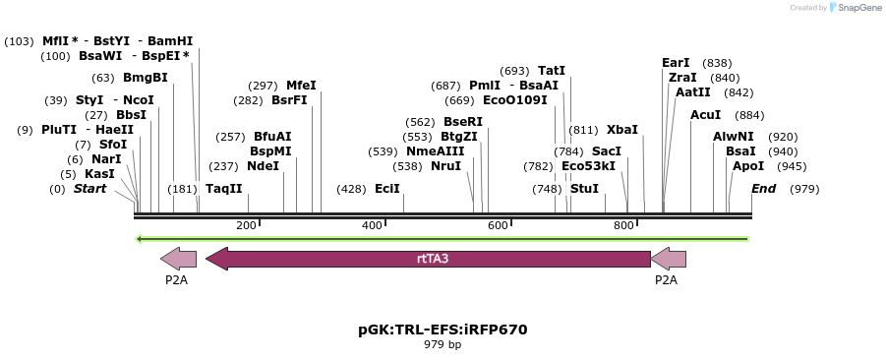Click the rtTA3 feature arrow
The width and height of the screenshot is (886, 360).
[428, 259]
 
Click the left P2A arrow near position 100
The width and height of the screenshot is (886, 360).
[178, 259]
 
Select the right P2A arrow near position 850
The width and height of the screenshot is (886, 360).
[668, 259]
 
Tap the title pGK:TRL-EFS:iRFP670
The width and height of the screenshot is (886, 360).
[443, 330]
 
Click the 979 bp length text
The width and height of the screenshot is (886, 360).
[443, 345]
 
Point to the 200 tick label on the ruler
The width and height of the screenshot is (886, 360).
[246, 225]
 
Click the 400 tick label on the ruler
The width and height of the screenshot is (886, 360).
[372, 225]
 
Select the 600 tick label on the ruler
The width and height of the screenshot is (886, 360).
[498, 225]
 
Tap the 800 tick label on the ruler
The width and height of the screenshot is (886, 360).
[623, 225]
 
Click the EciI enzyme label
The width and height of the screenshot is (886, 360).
[386, 189]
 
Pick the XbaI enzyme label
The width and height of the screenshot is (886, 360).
[621, 129]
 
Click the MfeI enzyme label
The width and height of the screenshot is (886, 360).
[301, 86]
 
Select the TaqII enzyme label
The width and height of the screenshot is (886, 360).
[223, 189]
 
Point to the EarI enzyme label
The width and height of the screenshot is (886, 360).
[676, 63]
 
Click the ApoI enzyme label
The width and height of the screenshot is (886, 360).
[747, 166]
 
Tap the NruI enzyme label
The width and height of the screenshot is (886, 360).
[445, 166]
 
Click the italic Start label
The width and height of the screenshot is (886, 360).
[89, 189]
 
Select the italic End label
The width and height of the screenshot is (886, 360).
[764, 189]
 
